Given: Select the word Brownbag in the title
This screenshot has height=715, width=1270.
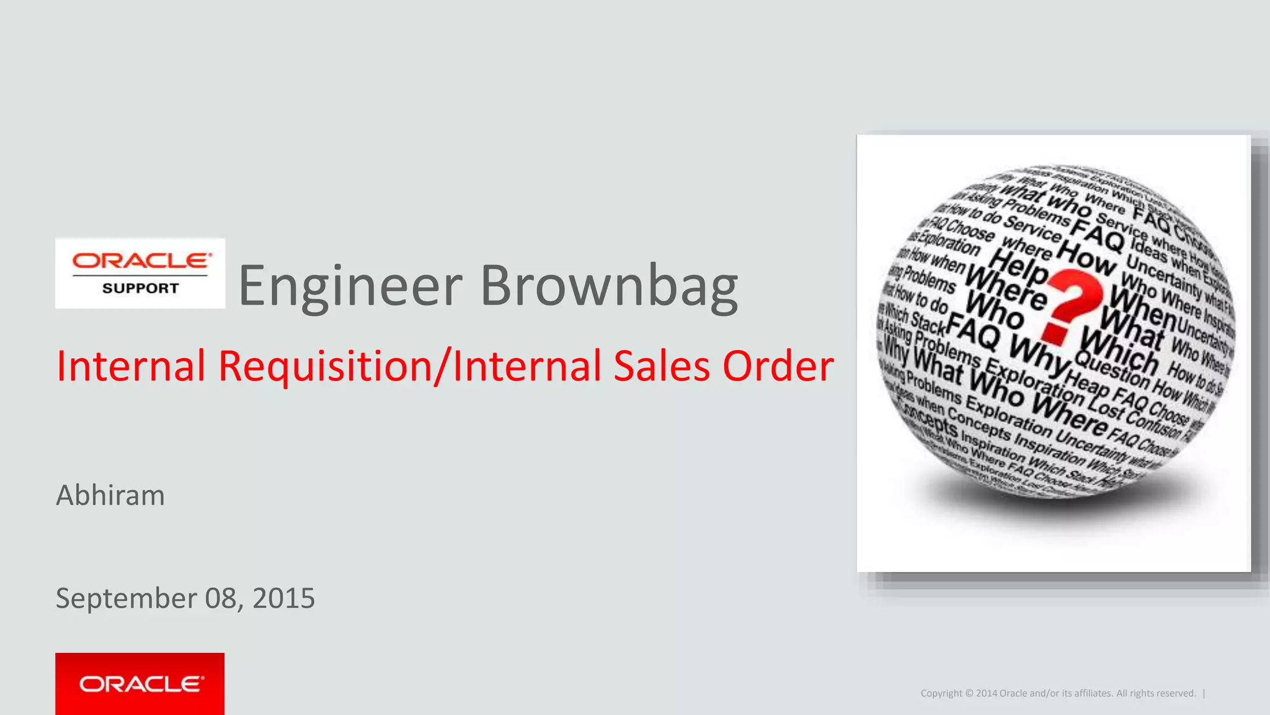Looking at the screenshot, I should pos(609,286).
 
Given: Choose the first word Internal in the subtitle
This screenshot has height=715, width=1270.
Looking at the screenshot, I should pos(131,366).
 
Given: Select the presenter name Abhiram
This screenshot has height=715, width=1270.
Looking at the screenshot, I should pos(110,495).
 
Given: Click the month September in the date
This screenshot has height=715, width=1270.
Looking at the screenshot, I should pos(127,599).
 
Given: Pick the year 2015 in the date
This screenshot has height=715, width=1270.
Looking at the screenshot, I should pos(284,598).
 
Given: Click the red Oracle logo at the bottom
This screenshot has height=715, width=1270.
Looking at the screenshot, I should pos(140,684).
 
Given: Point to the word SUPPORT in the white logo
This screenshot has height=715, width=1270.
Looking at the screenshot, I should pos(141,289).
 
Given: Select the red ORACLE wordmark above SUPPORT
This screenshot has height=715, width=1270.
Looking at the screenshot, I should pos(142,261).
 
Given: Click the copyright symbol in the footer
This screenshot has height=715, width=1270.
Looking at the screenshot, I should pos(969,693).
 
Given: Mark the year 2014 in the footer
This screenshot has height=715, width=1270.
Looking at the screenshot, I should pos(986,693).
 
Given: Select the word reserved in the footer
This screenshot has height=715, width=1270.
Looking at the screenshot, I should pos(1176,693).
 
